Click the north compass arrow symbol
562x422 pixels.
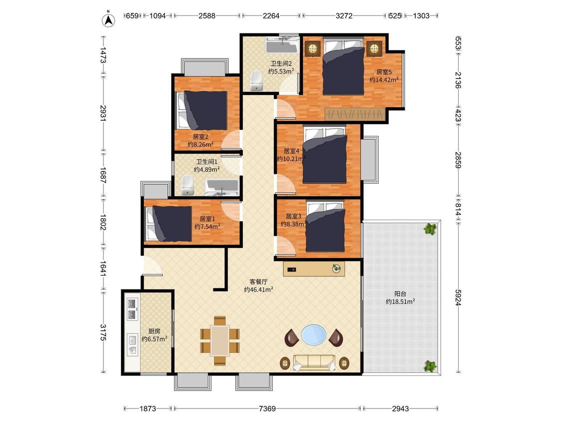[x=108, y=20]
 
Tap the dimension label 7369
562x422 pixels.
[x=267, y=408]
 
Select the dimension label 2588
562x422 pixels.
[x=207, y=16]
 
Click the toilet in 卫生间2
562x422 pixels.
[x=256, y=80]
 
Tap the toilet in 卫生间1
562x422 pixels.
[x=187, y=185]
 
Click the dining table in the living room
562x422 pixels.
[x=220, y=340]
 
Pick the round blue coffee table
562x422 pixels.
[x=314, y=335]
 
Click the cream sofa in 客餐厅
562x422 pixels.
[x=314, y=363]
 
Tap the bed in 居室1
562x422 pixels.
[x=168, y=223]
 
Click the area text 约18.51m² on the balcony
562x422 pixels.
[x=400, y=302]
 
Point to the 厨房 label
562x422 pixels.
[x=154, y=331]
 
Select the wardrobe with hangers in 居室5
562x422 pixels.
[x=355, y=114]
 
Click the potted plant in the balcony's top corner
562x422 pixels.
[x=430, y=228]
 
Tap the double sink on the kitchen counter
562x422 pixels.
[x=133, y=309]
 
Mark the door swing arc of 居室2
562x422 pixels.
[x=230, y=140]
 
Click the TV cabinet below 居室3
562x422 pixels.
[x=314, y=269]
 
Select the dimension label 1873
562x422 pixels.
[x=148, y=408]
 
